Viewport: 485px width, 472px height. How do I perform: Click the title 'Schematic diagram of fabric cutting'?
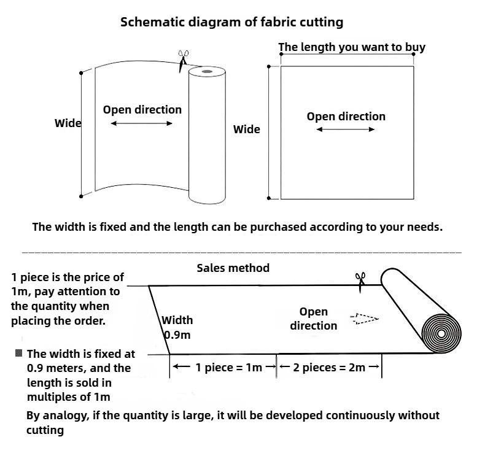click(231, 22)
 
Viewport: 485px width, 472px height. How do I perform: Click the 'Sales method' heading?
click(233, 268)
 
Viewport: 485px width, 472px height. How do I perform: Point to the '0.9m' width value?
click(177, 335)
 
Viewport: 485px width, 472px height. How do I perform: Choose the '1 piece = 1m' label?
click(228, 368)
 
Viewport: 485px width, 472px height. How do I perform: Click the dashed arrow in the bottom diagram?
click(364, 319)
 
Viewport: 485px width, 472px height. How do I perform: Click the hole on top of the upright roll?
click(206, 72)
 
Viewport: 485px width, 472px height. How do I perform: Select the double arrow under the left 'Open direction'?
click(142, 123)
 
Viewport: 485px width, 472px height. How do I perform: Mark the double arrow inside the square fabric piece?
click(346, 130)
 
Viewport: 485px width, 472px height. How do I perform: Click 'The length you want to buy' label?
click(352, 47)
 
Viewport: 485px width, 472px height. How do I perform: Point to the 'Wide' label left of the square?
click(246, 130)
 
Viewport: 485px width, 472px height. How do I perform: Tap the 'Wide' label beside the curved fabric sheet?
click(68, 123)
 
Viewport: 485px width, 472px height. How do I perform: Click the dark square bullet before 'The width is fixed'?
click(19, 353)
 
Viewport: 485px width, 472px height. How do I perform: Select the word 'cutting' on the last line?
click(45, 430)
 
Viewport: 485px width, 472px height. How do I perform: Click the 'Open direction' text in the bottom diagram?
click(314, 319)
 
